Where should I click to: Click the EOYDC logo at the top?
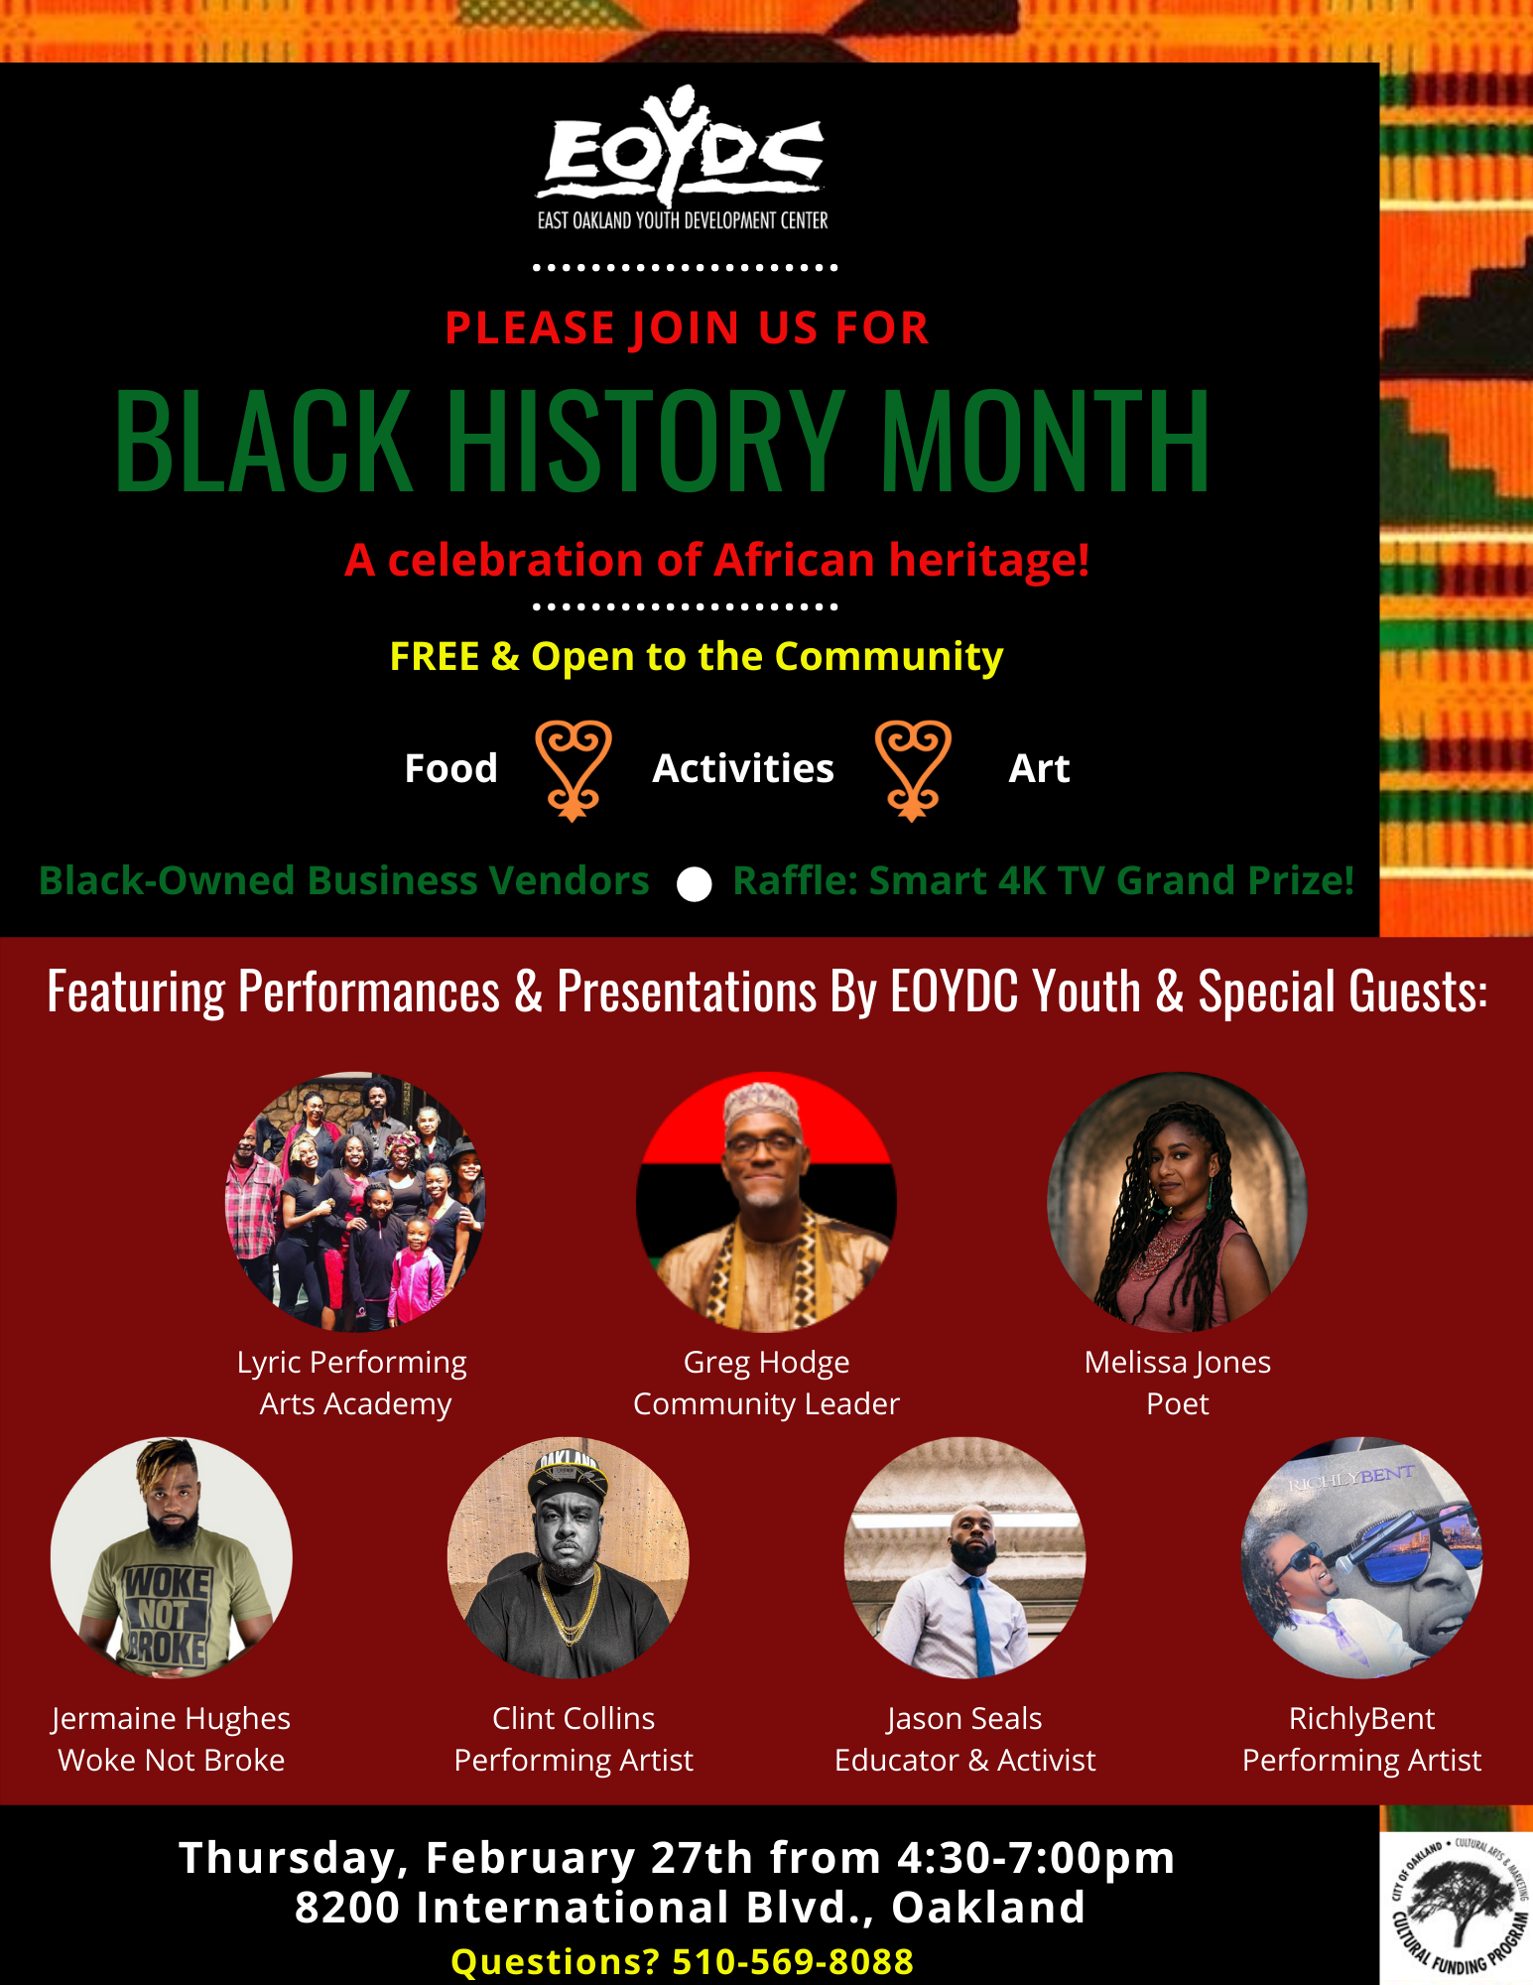tap(683, 159)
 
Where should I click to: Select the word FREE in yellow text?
tap(435, 656)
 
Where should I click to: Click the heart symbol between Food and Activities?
tap(573, 770)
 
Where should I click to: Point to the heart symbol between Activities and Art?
tap(913, 770)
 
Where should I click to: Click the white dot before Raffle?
tap(694, 883)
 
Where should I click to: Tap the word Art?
tap(1039, 768)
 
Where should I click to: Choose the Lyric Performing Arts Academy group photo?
tap(355, 1201)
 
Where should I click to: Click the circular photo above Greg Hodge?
tap(766, 1201)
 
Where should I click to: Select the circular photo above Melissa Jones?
tap(1177, 1201)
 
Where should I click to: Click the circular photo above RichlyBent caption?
tap(1361, 1557)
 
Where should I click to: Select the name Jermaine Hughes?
tap(171, 1719)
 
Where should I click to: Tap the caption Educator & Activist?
tap(964, 1761)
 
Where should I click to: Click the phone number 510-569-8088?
tap(793, 1962)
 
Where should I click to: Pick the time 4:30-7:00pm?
tap(1036, 1858)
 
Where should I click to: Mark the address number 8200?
tap(348, 1908)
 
